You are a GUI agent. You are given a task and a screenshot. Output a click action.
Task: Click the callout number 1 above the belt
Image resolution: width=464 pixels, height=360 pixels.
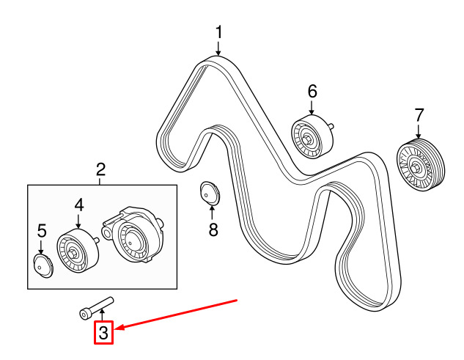click(x=218, y=32)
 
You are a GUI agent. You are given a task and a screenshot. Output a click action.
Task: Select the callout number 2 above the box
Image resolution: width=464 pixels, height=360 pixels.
click(x=101, y=170)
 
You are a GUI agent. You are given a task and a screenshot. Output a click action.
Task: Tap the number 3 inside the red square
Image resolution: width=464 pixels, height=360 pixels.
click(x=103, y=332)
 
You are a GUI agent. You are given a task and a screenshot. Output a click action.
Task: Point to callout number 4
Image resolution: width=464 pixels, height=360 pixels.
click(x=79, y=205)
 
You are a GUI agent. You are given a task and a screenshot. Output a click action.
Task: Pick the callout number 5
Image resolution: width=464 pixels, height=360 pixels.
click(x=42, y=231)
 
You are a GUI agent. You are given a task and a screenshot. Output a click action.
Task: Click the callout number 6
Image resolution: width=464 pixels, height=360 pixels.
click(x=312, y=91)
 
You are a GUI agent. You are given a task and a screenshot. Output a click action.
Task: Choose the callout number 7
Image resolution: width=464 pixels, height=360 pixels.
click(x=419, y=115)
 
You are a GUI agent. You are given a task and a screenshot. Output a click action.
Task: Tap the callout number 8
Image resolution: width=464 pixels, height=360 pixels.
click(x=213, y=229)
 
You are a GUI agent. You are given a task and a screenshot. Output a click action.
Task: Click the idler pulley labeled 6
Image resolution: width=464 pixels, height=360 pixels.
click(x=313, y=136)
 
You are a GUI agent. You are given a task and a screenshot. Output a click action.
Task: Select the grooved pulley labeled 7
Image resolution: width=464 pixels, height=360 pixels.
click(x=421, y=165)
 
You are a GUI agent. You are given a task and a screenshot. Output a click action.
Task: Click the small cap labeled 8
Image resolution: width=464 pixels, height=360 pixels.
click(x=210, y=194)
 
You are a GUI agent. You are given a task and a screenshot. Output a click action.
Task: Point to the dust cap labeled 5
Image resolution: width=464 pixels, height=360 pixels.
click(x=43, y=266)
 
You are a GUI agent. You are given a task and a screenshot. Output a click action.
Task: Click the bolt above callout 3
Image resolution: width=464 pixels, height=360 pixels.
click(x=97, y=308)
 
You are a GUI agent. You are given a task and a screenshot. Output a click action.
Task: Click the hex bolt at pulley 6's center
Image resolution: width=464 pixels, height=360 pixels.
click(x=307, y=139)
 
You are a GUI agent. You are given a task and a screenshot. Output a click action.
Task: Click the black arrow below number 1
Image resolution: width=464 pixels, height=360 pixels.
click(x=218, y=48)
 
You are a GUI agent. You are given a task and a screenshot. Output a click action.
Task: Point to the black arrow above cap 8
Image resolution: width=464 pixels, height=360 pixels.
click(x=212, y=213)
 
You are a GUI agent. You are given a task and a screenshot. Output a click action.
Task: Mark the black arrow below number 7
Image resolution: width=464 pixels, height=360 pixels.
click(x=419, y=131)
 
